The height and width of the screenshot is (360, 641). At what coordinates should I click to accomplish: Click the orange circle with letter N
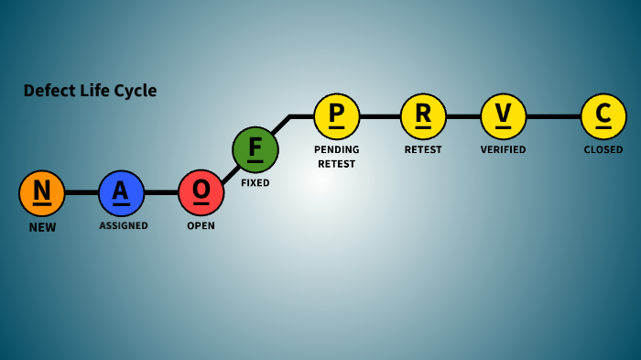(x=42, y=192)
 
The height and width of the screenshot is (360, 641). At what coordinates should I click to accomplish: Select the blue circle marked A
(x=122, y=192)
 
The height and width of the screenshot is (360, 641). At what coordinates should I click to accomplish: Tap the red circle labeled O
(x=201, y=192)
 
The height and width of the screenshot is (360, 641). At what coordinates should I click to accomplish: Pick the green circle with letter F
(x=255, y=149)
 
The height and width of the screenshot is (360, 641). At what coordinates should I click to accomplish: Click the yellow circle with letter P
(x=337, y=116)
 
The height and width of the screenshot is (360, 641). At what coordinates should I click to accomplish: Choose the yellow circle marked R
(x=423, y=116)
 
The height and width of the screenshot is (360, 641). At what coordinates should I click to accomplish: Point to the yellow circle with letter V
(x=504, y=116)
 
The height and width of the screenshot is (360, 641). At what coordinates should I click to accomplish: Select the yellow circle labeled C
(x=603, y=116)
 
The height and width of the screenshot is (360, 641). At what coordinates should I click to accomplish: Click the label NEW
(x=42, y=227)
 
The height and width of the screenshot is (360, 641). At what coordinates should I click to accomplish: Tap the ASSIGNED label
(x=124, y=225)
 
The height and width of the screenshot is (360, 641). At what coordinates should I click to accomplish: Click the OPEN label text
(x=201, y=225)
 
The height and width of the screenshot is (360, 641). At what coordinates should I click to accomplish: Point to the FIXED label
(x=255, y=183)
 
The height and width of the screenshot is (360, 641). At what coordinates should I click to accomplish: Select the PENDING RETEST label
(x=337, y=157)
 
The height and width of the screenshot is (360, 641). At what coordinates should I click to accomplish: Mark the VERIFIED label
(x=504, y=149)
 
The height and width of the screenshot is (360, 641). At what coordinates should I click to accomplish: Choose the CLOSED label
(x=603, y=149)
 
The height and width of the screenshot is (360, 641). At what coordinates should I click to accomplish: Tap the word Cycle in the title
(x=136, y=91)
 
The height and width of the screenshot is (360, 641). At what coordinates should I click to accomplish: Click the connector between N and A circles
(x=82, y=192)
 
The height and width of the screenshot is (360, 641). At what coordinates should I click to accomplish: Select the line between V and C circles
(x=553, y=116)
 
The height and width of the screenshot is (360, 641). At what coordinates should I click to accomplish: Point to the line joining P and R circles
(x=380, y=116)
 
